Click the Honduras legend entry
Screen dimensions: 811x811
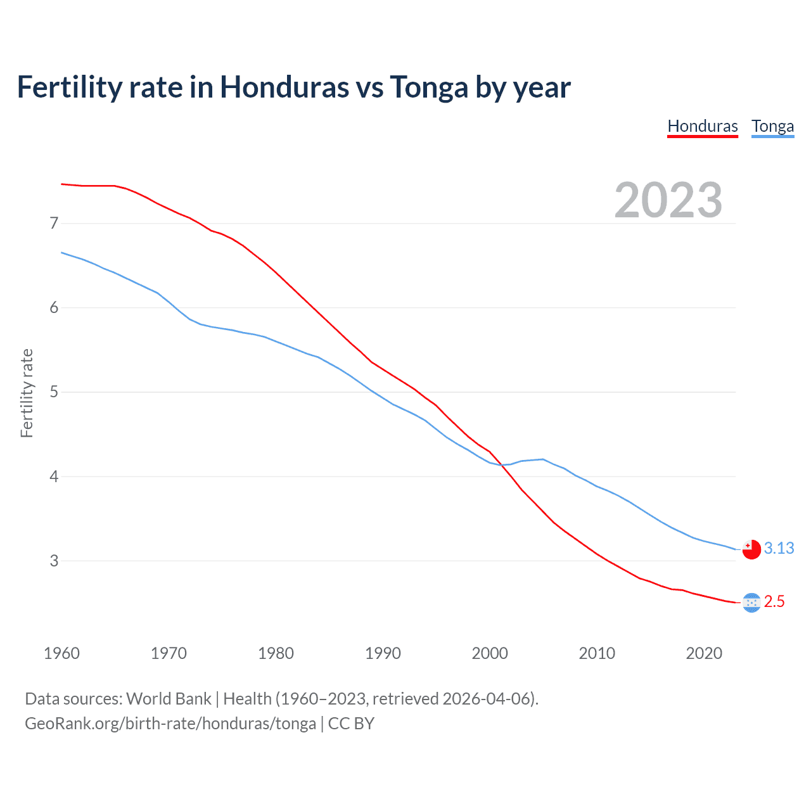[703, 126]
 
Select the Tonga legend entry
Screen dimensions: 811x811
[772, 126]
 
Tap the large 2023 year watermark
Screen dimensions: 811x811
[668, 200]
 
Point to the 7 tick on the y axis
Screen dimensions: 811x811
[54, 223]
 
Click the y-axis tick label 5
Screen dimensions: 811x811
[54, 392]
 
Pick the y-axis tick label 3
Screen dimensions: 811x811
[54, 561]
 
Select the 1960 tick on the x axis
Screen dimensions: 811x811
[61, 653]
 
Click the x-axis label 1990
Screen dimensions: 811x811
[383, 653]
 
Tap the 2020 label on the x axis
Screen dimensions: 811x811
[704, 653]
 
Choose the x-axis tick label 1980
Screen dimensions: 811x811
[276, 653]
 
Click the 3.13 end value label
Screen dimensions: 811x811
[779, 548]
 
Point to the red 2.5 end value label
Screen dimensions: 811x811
[774, 601]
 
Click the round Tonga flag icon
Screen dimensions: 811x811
[751, 549]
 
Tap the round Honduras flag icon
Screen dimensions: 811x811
[751, 603]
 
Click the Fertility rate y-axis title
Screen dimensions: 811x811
[27, 393]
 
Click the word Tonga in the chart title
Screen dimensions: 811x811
[429, 87]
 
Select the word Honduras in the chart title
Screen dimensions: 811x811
[284, 87]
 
